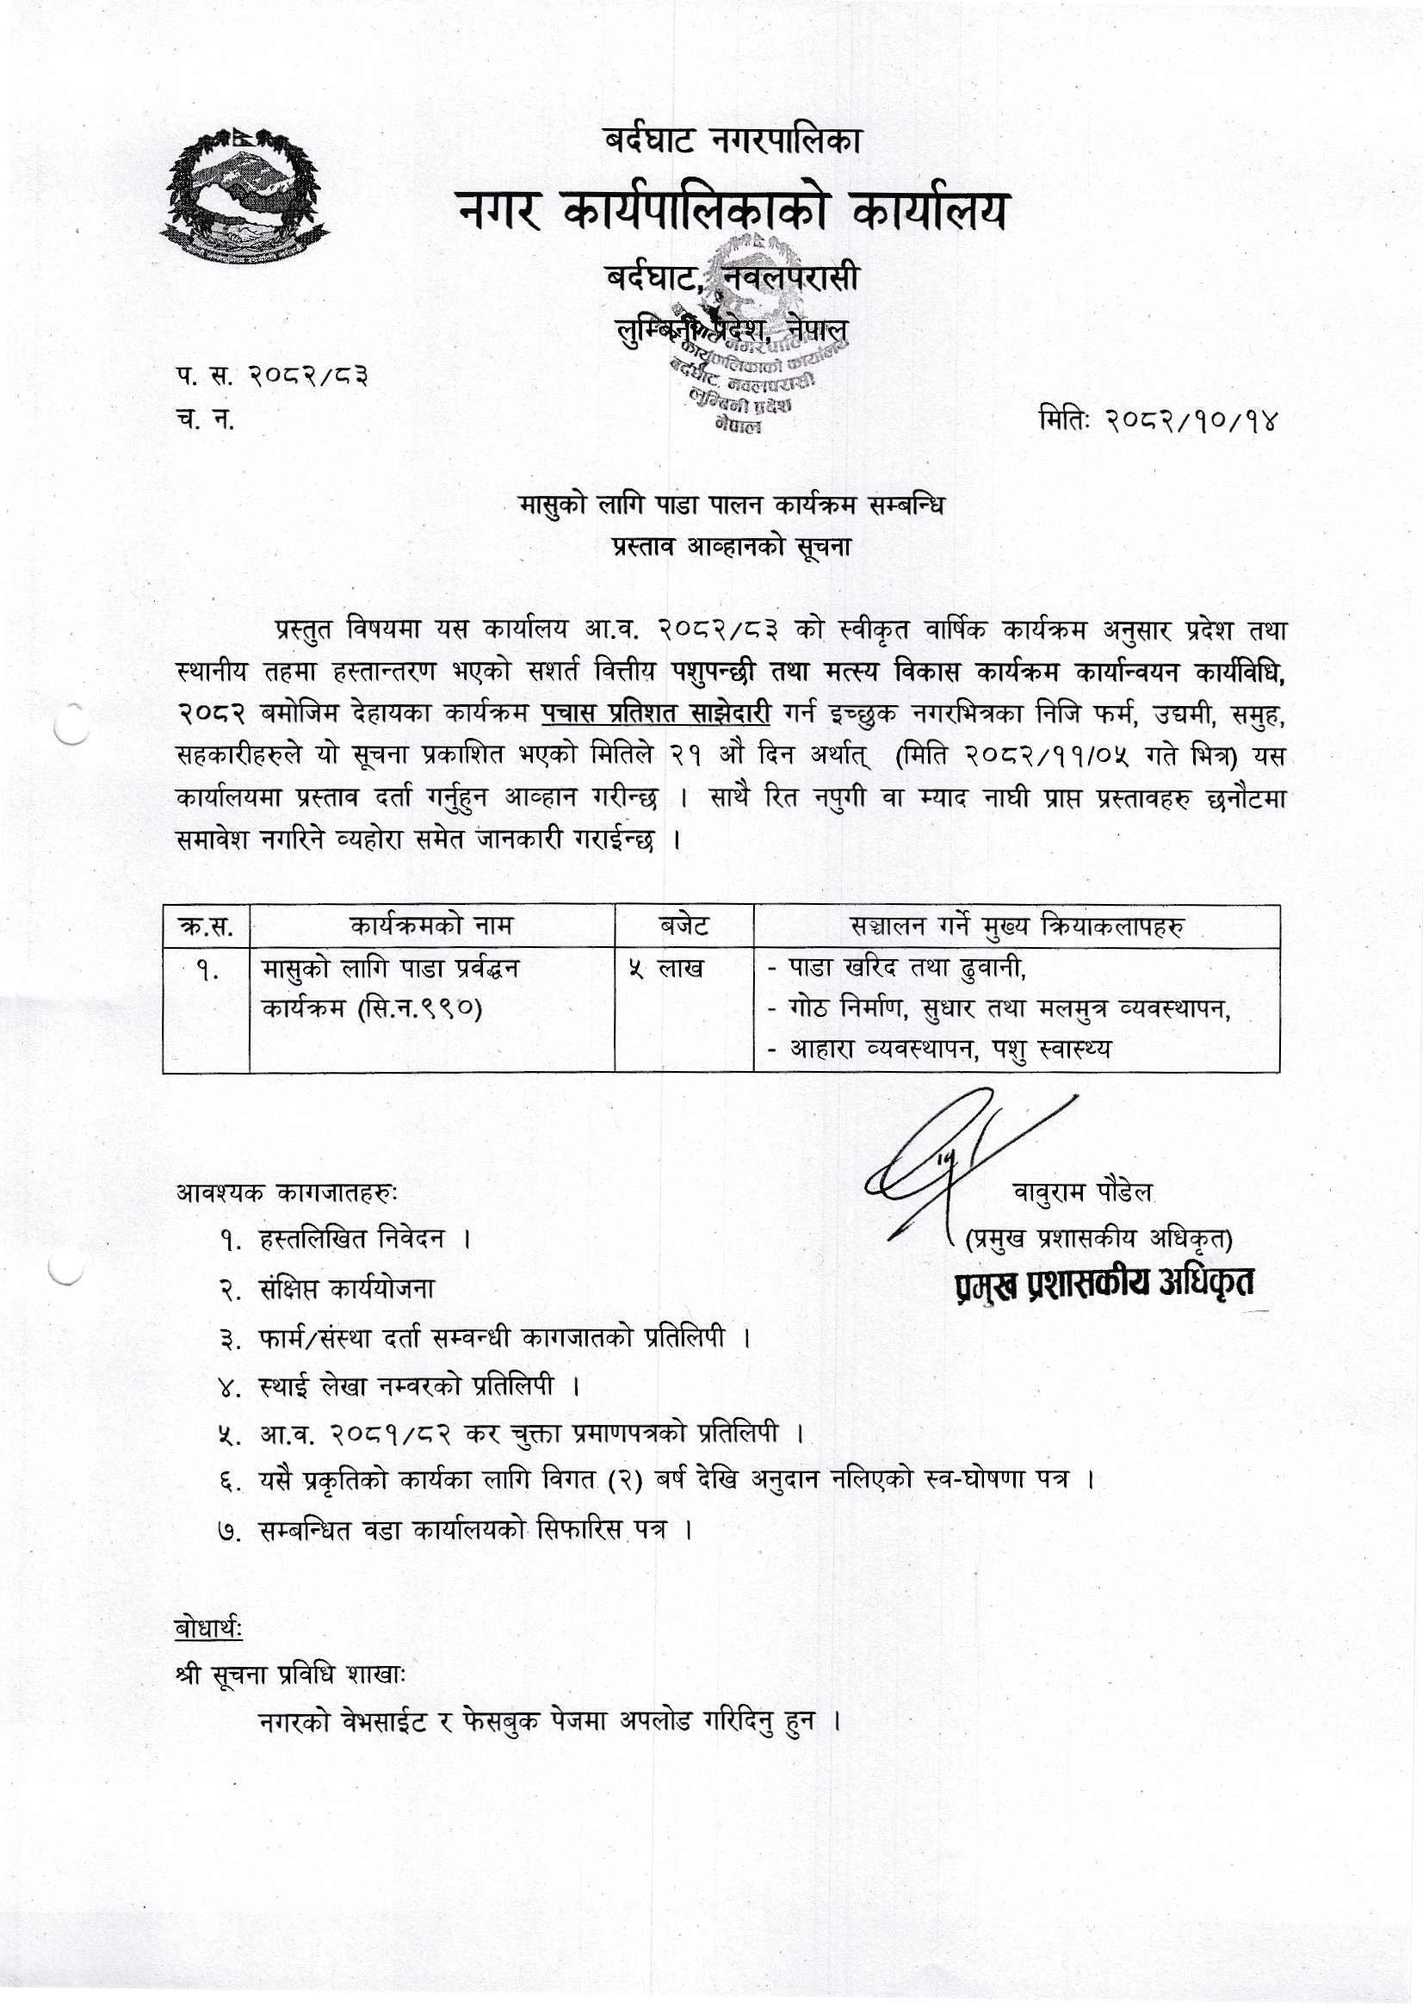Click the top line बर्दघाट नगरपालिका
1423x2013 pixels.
pyautogui.click(x=732, y=139)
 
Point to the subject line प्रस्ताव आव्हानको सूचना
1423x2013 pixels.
pyautogui.click(x=731, y=546)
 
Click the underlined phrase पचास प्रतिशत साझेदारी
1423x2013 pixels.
pyautogui.click(x=656, y=714)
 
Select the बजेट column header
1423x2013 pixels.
pyautogui.click(x=684, y=925)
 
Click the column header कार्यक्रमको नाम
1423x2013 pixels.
pyautogui.click(x=431, y=925)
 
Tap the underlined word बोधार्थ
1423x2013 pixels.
pyautogui.click(x=208, y=1629)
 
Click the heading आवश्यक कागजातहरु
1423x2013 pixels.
pyautogui.click(x=288, y=1192)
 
